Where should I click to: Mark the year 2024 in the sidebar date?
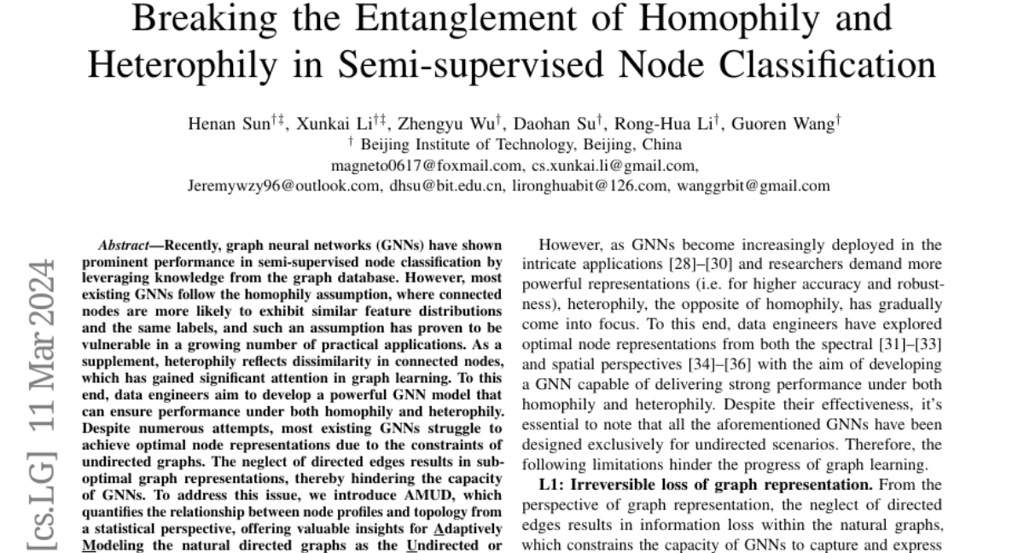pyautogui.click(x=39, y=282)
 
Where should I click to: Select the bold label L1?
pyautogui.click(x=554, y=485)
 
